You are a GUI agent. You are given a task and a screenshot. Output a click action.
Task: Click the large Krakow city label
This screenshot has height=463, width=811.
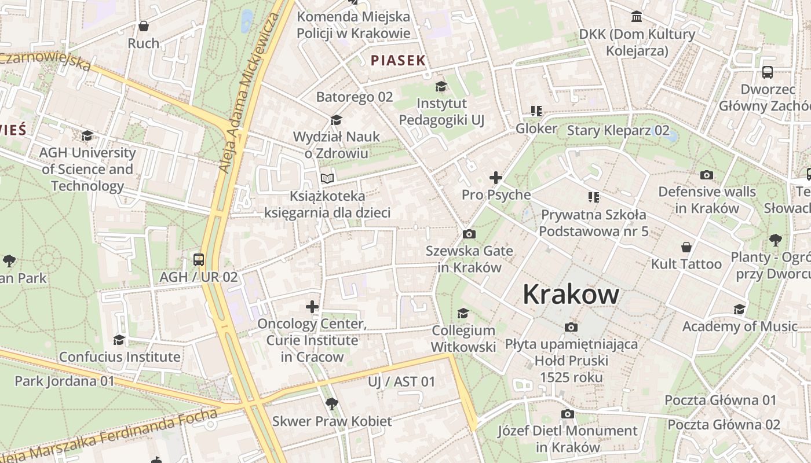click(571, 295)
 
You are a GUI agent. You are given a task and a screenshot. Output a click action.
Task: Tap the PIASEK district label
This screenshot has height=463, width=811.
click(398, 60)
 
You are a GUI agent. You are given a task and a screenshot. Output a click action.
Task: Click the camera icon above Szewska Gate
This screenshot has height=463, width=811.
click(469, 234)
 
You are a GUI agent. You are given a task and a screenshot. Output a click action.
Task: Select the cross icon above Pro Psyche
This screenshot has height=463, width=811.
click(496, 178)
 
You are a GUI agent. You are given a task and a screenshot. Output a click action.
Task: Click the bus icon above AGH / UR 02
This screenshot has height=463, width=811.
click(199, 259)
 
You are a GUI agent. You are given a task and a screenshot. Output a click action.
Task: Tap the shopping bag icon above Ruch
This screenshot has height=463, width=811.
click(143, 26)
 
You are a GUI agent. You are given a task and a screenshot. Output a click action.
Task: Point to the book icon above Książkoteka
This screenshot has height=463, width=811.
click(327, 178)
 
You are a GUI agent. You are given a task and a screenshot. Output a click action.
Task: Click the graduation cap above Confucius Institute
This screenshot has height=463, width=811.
click(119, 339)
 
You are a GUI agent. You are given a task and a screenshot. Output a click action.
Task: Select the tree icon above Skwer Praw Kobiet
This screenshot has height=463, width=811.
click(332, 403)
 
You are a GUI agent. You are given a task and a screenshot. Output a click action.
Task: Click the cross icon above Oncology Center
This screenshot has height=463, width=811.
click(312, 306)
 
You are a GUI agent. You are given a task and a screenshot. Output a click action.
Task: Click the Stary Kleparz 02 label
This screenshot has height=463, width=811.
click(618, 130)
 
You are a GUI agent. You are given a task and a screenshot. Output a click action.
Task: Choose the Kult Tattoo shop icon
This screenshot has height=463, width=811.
click(686, 247)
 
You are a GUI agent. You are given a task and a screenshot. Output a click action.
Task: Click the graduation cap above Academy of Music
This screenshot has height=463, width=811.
click(740, 309)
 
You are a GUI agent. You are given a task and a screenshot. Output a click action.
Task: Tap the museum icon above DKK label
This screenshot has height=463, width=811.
click(637, 16)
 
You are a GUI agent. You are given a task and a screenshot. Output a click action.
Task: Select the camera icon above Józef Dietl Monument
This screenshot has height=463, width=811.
click(568, 414)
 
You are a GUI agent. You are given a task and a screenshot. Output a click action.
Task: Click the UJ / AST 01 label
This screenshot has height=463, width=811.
click(401, 381)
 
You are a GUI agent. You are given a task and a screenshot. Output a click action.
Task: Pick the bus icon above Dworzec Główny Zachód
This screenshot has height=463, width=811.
click(768, 72)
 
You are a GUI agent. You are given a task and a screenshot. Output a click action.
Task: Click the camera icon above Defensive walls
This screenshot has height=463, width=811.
click(707, 175)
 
